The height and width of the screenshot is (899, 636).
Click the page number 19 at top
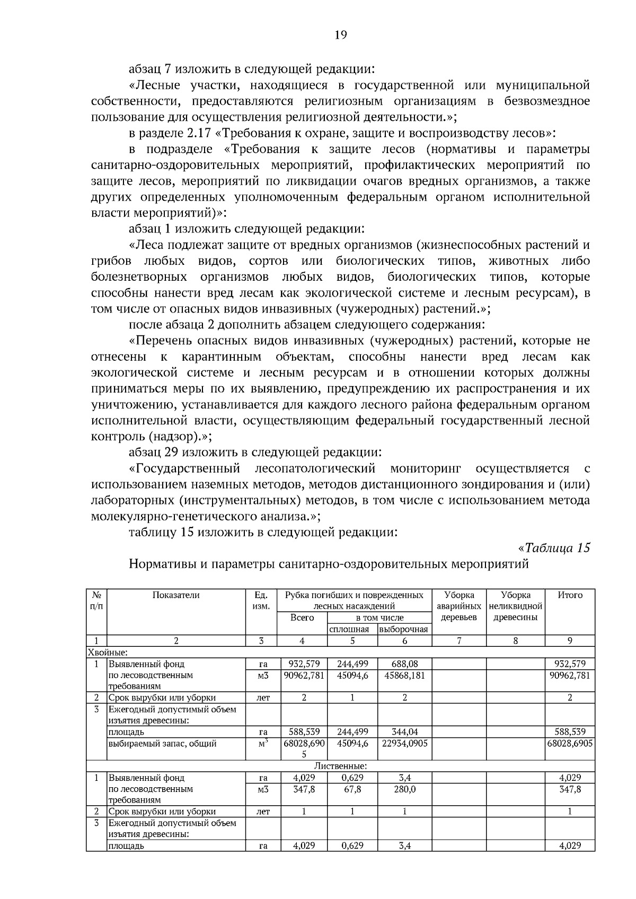[341, 35]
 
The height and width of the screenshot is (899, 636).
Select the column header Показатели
[176, 595]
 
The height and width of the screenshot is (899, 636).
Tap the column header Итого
[570, 595]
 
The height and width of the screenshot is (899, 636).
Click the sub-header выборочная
[404, 629]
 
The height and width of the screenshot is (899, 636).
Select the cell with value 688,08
[404, 664]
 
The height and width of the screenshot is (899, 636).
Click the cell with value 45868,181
[404, 675]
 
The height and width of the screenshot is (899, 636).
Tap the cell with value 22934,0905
[404, 743]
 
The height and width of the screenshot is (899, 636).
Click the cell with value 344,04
[404, 732]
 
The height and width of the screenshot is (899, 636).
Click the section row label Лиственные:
[341, 766]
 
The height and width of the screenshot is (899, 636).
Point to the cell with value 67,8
[352, 789]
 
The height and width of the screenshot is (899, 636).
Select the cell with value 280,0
[404, 789]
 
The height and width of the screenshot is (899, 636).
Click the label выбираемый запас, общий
[162, 743]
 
